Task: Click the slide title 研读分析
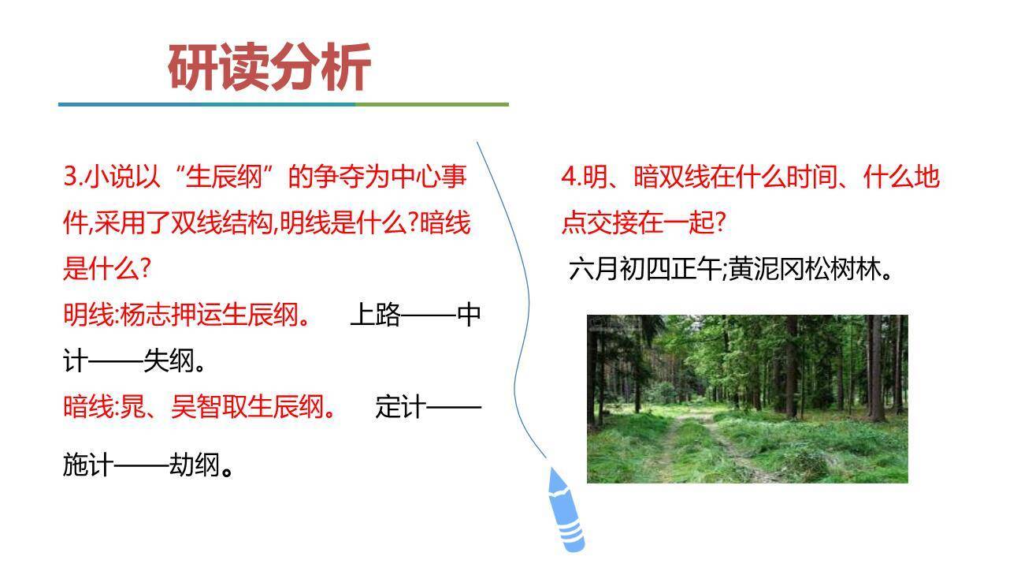pos(269,68)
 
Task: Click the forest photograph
pos(747,398)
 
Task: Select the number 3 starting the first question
pos(69,177)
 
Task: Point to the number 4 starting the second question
pos(567,177)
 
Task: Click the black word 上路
pos(375,316)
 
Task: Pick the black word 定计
pos(401,407)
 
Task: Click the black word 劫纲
pos(194,465)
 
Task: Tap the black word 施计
pos(88,465)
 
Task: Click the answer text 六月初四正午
pos(644,270)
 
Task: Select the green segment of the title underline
pos(432,104)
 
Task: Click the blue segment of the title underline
pos(205,104)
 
